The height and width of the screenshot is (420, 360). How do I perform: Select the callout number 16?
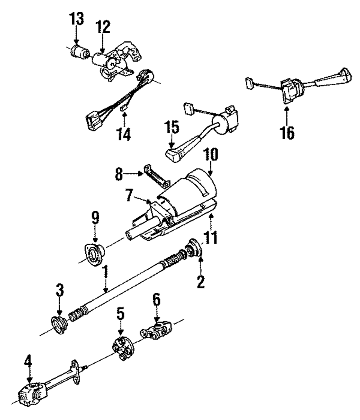coord(288,132)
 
